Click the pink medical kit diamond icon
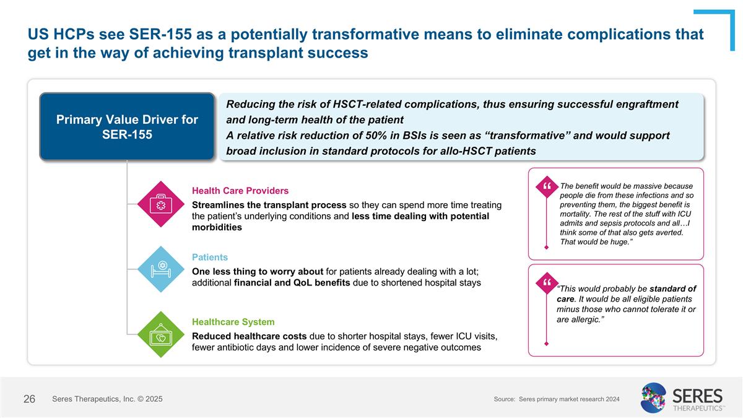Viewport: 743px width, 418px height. tap(160, 204)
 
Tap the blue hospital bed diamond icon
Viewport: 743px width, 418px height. tap(160, 269)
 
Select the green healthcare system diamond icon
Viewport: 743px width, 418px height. tap(160, 334)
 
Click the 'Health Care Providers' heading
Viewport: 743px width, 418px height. tap(240, 190)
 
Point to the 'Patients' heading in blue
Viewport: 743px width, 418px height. tap(210, 257)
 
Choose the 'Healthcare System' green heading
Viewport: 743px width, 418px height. tap(233, 322)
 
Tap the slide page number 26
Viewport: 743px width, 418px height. tap(29, 399)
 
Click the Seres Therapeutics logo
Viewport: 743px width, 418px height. tap(682, 398)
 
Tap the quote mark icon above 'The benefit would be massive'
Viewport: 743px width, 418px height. tap(547, 186)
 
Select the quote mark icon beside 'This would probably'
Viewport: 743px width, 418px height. tap(547, 283)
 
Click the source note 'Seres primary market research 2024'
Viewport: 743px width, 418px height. tap(569, 399)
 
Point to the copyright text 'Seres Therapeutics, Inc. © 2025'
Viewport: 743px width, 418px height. tap(108, 399)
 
